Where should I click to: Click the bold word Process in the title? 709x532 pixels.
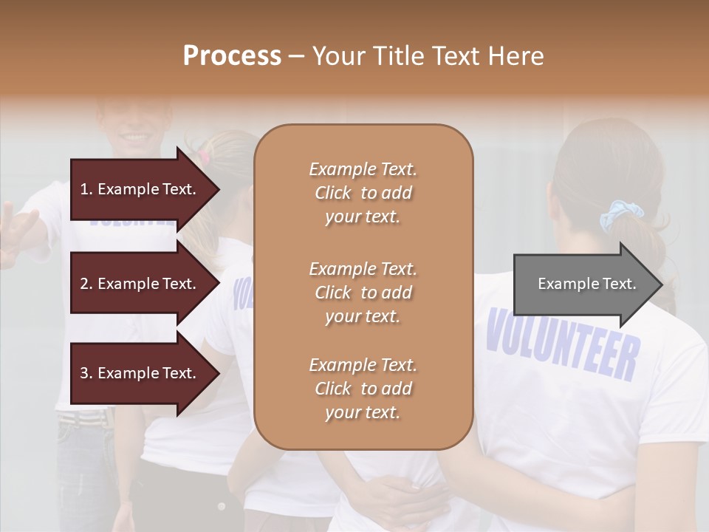tap(232, 56)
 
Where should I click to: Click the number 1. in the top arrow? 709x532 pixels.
tap(86, 189)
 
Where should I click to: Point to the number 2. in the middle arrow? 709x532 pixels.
tap(86, 284)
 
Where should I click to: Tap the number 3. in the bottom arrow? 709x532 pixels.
tap(86, 373)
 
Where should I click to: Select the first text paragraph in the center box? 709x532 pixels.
tap(363, 193)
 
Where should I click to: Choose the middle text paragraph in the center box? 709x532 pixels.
tap(363, 293)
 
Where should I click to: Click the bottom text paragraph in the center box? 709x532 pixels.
tap(363, 389)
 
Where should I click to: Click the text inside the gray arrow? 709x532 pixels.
tap(586, 284)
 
